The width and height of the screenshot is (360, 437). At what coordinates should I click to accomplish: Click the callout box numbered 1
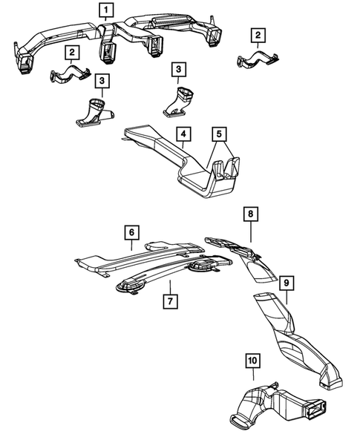107,10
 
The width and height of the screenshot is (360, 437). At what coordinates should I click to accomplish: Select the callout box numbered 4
182,134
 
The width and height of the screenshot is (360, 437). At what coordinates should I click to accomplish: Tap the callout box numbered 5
218,134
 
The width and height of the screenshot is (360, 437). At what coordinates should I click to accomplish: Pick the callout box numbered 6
131,232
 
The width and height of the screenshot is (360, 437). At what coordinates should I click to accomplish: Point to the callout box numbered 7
170,300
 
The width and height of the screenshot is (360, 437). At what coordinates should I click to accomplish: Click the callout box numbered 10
252,361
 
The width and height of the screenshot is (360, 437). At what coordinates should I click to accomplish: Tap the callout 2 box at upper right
258,35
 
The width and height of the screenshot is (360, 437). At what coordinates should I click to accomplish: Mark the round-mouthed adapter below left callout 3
94,111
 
